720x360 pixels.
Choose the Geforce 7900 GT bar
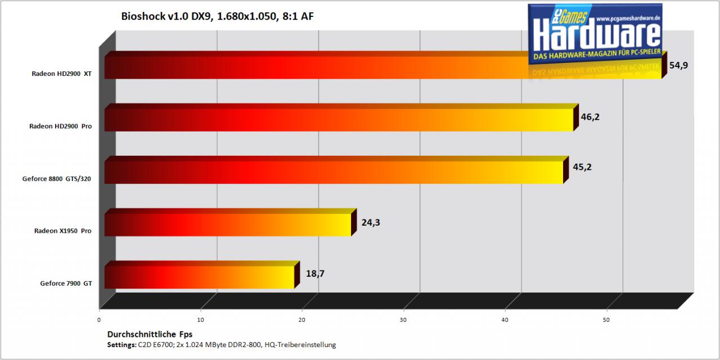coord(202,275)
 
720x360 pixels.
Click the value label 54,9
coord(678,65)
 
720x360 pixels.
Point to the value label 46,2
coord(590,117)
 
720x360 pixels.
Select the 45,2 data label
coord(582,167)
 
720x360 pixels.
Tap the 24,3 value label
coord(371,222)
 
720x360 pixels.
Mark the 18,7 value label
coord(315,273)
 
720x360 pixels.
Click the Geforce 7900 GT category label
coord(66,283)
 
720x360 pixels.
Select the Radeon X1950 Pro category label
coord(62,231)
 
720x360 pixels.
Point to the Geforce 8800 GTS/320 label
coord(57,179)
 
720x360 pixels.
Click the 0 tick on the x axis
coord(99,320)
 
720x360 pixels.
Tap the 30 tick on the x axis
coord(403,320)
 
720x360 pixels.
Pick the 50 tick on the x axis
coord(606,320)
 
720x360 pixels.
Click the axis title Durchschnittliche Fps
coord(150,334)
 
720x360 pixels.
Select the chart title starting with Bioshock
coord(217,16)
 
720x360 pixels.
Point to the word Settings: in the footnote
coord(122,345)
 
